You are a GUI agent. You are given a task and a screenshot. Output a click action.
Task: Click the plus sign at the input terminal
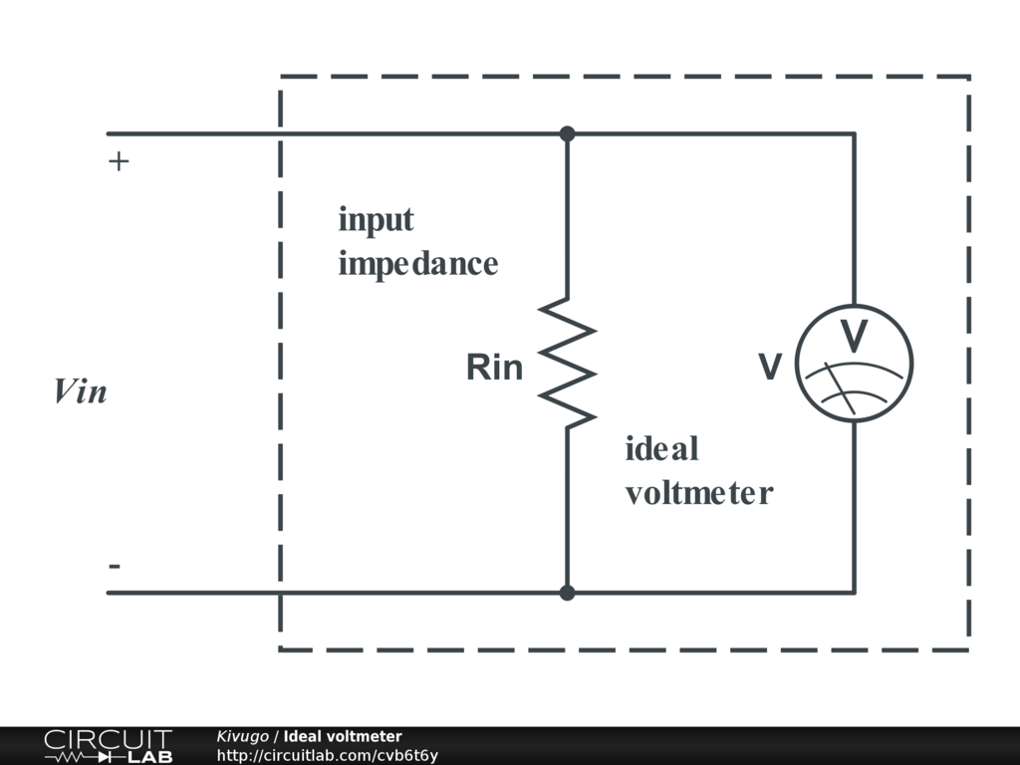pos(119,161)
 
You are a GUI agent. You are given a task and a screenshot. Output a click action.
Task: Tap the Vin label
pos(80,391)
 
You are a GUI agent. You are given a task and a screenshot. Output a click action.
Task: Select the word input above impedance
pos(376,219)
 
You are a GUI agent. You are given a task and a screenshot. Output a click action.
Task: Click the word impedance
pos(417,264)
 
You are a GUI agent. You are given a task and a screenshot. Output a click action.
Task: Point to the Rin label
pos(494,368)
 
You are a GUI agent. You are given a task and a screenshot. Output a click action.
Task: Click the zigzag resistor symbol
pos(567,363)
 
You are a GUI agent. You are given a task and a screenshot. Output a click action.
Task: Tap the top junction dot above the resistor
pos(567,133)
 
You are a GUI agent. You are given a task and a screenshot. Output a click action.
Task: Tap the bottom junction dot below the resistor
pos(567,593)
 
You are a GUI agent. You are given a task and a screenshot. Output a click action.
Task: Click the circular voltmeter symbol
pos(854,363)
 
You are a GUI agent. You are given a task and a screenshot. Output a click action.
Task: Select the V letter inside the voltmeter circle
pos(854,337)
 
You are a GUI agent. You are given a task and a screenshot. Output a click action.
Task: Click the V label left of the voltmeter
pos(770,368)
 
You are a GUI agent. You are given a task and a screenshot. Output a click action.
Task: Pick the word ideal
pos(661,449)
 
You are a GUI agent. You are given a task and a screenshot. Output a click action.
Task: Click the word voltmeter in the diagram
pos(698,493)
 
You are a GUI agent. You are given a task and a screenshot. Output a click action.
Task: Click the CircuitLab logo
pos(108,746)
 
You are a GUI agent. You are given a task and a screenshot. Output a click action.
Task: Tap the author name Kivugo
pos(242,736)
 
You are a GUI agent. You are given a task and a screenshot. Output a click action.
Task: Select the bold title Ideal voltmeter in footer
pos(343,736)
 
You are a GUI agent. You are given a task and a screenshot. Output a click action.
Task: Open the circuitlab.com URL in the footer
pos(327,755)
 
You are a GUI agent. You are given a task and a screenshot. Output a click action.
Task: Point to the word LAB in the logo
pos(150,756)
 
